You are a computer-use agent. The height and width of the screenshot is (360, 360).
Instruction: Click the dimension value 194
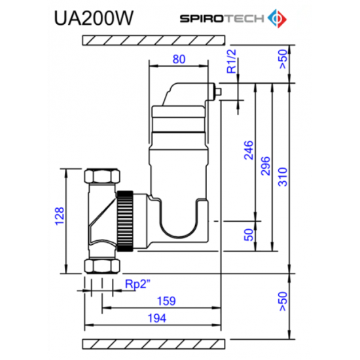(x=158, y=318)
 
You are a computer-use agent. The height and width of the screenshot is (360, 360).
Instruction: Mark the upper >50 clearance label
(x=282, y=59)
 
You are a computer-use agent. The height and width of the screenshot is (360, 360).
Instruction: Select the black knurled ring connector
(x=126, y=220)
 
